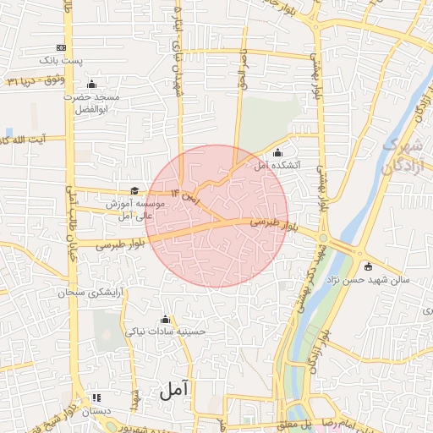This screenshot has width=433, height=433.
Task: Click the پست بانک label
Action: [x=63, y=61]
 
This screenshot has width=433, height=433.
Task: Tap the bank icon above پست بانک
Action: [x=61, y=47]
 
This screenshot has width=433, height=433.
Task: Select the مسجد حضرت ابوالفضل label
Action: [x=92, y=103]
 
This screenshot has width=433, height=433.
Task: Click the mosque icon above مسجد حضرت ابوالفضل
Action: [x=92, y=85]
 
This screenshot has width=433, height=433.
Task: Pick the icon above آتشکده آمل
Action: [x=278, y=152]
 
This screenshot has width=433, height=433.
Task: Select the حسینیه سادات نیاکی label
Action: [x=165, y=332]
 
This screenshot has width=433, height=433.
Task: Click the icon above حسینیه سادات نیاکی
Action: [x=165, y=320]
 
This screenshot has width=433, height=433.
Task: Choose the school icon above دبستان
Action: [x=96, y=397]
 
